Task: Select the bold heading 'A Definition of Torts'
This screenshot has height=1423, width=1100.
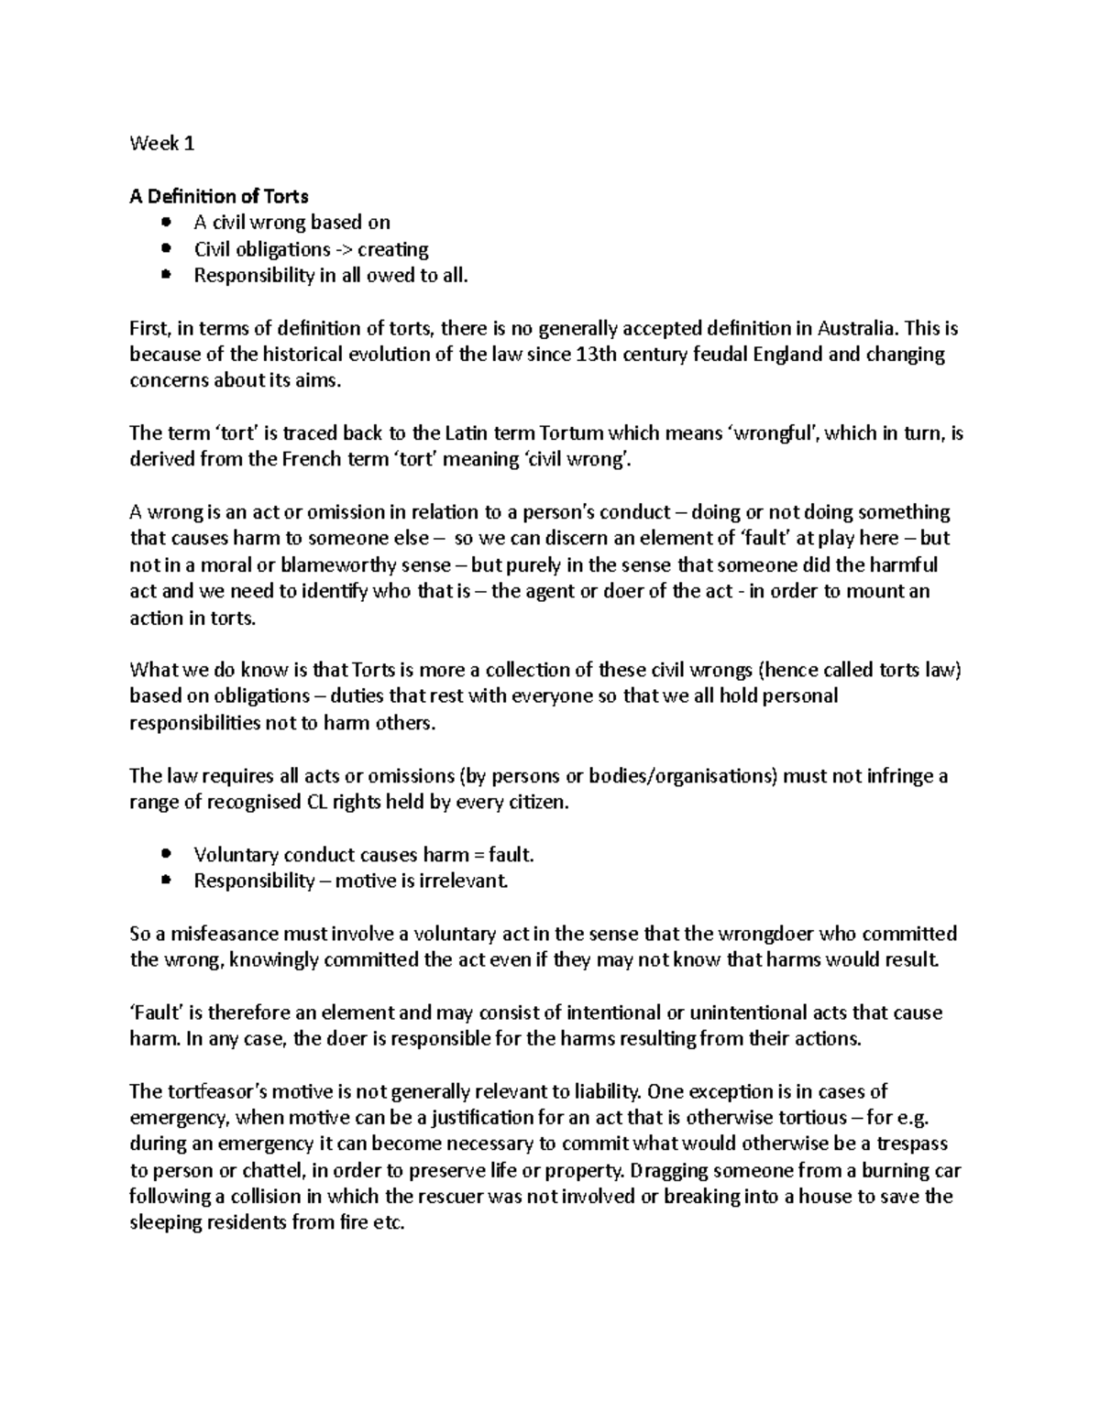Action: [x=219, y=196]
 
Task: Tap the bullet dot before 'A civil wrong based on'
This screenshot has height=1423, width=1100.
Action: [x=166, y=223]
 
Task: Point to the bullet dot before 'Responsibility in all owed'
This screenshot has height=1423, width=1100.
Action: [x=166, y=275]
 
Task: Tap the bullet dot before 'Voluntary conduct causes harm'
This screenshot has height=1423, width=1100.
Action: [x=166, y=855]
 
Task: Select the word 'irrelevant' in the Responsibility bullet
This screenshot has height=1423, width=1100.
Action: [x=462, y=881]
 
